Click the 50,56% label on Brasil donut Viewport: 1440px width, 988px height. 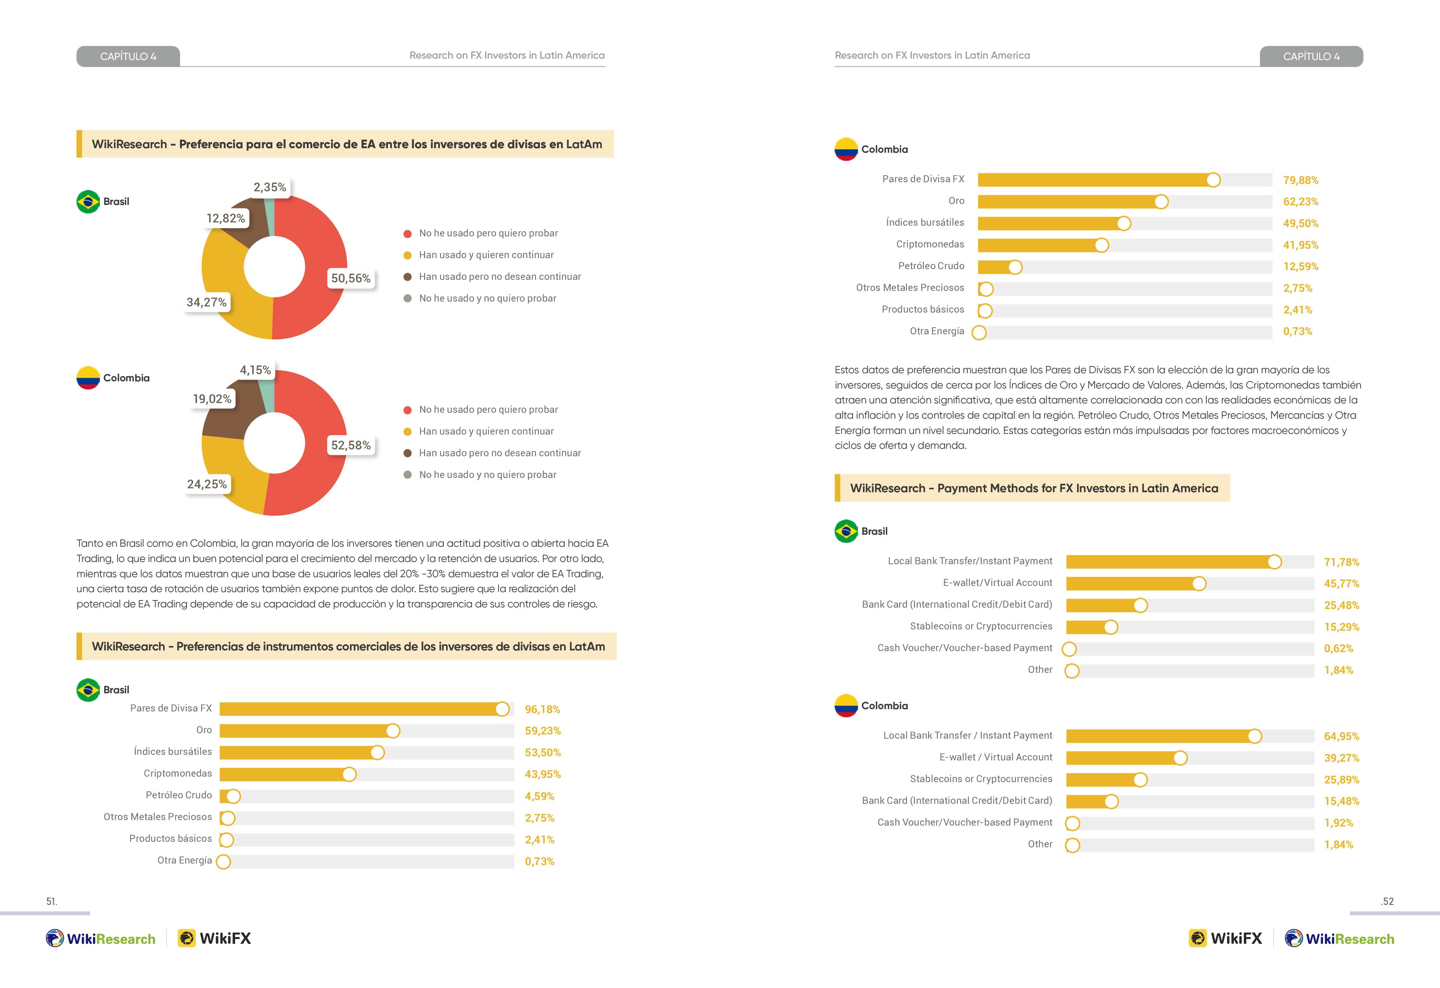click(x=351, y=278)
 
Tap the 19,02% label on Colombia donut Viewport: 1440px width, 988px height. click(x=212, y=399)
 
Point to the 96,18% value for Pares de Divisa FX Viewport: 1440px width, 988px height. click(x=542, y=709)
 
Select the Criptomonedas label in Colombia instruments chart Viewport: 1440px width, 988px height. click(x=930, y=244)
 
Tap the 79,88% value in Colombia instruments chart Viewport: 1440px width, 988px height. click(x=1301, y=180)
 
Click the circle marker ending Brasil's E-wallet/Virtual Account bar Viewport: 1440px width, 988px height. click(x=1199, y=584)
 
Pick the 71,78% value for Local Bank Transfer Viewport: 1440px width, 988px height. click(x=1341, y=562)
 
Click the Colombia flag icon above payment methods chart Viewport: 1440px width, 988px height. click(x=846, y=706)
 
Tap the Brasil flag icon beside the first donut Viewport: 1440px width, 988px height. click(x=88, y=201)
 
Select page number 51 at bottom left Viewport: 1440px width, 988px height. click(x=52, y=901)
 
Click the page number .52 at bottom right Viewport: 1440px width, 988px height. click(x=1387, y=901)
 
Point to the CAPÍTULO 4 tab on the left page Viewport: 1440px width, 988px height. click(x=128, y=56)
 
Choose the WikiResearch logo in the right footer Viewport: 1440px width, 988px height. click(x=1339, y=938)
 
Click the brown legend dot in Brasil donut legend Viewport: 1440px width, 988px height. click(x=408, y=277)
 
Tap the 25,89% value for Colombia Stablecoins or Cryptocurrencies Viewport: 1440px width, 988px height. click(x=1341, y=780)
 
